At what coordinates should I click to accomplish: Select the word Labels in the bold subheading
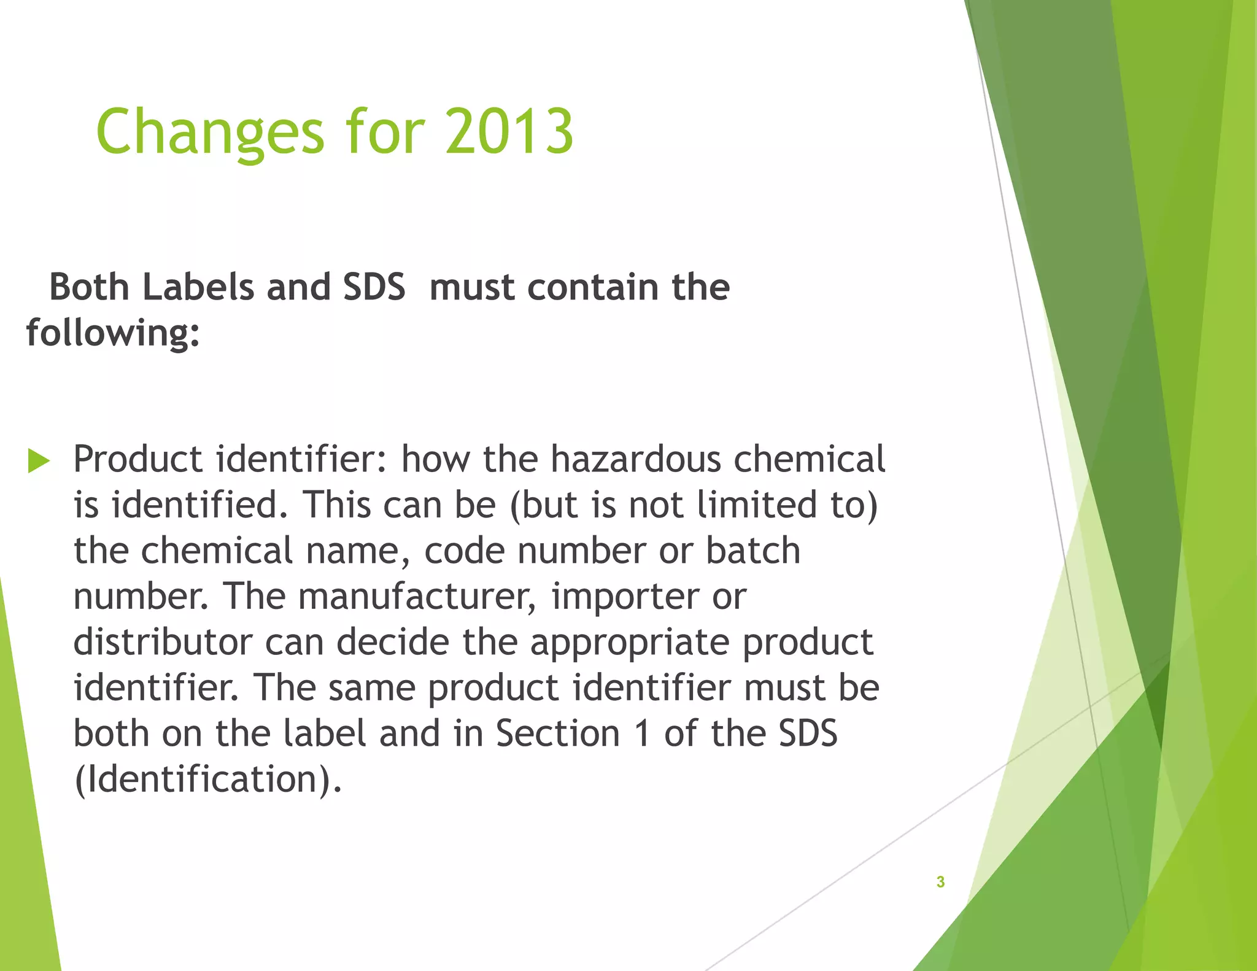198,287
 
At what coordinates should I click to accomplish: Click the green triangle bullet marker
38,460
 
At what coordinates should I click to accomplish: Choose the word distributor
163,642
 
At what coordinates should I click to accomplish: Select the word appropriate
630,642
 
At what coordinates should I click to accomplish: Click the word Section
557,733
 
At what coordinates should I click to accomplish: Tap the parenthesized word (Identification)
207,780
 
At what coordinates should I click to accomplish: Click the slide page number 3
940,882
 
